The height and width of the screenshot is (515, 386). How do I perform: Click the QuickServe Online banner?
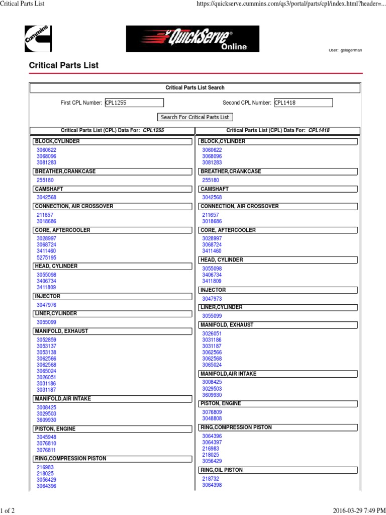coord(192,39)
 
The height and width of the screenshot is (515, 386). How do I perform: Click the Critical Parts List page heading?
coord(64,65)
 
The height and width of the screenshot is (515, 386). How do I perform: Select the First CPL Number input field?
coord(134,103)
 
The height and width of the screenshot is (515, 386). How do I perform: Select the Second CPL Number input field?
coord(303,103)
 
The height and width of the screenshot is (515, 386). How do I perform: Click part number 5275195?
coord(46,257)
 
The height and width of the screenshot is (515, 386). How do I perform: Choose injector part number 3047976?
coord(46,305)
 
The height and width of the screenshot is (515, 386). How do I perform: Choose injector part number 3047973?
coord(212,299)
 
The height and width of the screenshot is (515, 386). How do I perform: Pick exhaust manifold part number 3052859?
coord(46,340)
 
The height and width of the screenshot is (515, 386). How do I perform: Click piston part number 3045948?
coord(46,438)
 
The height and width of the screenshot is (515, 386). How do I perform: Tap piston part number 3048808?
coord(212,418)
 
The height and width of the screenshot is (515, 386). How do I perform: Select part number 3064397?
coord(212,443)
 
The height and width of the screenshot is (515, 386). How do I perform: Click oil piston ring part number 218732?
coord(211,479)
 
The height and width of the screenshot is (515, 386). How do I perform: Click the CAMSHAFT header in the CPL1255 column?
coord(49,189)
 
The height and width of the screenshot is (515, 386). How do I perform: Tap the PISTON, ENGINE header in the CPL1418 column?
coord(221,403)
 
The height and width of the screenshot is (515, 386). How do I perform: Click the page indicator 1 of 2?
coord(8,510)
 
